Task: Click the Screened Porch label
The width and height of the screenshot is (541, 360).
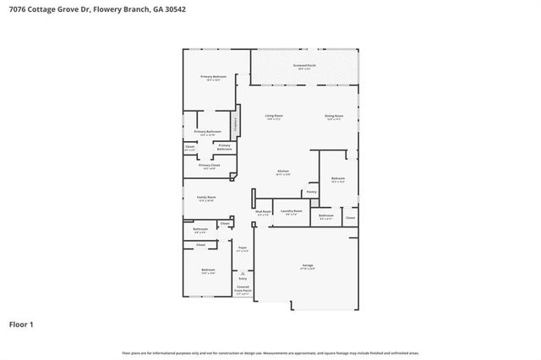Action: (305, 66)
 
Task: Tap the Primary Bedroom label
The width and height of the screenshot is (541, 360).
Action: (213, 78)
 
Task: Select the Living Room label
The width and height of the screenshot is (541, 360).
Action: (274, 117)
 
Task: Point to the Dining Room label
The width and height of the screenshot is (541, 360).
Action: (334, 117)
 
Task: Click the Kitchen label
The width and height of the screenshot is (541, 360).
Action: (283, 172)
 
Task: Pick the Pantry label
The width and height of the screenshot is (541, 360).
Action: (312, 192)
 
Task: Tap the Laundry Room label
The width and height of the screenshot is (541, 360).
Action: (292, 211)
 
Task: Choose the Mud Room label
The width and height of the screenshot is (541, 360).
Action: (263, 212)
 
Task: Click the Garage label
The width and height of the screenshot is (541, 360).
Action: (308, 266)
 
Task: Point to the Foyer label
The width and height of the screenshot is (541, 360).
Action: (242, 248)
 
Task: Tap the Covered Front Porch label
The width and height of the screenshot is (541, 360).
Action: (243, 289)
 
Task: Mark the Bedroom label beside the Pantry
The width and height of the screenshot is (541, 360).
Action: (337, 178)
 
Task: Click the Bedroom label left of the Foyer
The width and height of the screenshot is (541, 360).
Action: (208, 270)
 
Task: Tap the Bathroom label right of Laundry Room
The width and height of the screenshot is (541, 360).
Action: (325, 215)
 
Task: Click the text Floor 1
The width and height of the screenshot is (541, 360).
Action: (21, 324)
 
